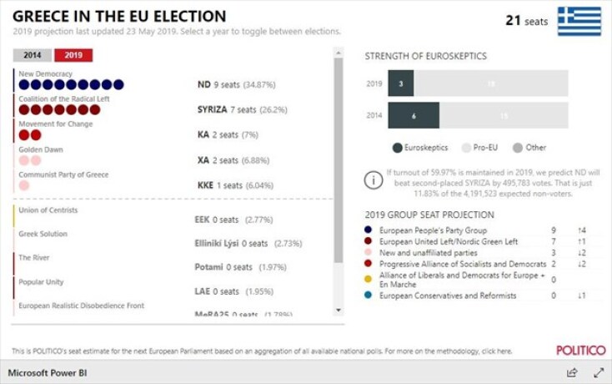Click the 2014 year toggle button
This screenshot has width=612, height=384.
click(x=32, y=56)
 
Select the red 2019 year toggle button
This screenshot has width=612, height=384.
click(x=73, y=56)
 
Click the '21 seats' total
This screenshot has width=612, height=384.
click(x=526, y=20)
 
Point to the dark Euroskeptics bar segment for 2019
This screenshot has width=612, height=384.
click(x=400, y=83)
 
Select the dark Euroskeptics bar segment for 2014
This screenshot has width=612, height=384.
click(x=414, y=115)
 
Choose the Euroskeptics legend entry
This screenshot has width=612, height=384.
click(x=419, y=148)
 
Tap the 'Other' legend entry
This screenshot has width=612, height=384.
click(x=529, y=148)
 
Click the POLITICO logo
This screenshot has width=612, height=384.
click(x=580, y=351)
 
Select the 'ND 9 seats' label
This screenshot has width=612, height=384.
click(x=218, y=84)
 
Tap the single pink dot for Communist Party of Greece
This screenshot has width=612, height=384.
click(x=24, y=185)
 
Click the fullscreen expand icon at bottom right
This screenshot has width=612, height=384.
click(x=598, y=372)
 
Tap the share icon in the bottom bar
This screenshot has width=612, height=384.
click(x=572, y=372)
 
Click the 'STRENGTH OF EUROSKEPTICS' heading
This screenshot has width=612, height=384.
click(x=425, y=56)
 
